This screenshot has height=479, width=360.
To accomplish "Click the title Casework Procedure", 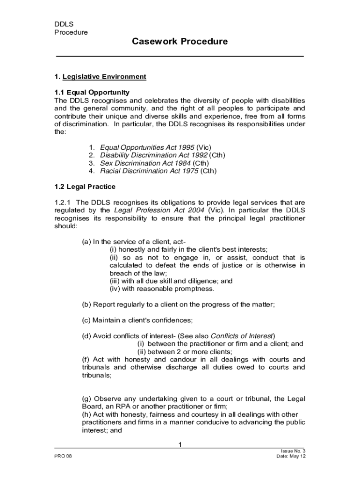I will click(180, 42).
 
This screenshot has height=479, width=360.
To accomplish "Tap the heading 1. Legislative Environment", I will click(100, 77).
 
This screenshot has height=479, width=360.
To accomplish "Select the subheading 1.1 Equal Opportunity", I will click(92, 92).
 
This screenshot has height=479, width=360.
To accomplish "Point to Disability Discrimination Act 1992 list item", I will click(154, 155).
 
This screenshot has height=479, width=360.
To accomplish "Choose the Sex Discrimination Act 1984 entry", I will click(145, 163).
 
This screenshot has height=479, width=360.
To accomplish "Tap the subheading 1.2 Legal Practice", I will click(85, 187).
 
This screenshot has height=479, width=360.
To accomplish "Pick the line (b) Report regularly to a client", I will click(178, 305).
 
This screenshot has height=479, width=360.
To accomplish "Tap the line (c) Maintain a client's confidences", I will click(137, 320).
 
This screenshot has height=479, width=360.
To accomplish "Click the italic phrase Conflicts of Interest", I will click(242, 336).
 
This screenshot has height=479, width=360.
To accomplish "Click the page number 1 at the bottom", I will click(180, 444).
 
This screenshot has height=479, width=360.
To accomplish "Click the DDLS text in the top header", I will click(64, 24).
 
